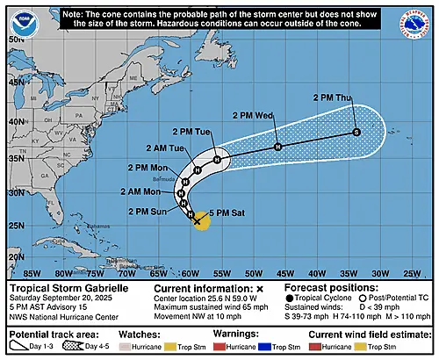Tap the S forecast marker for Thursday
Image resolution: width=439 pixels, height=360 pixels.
tap(356, 132)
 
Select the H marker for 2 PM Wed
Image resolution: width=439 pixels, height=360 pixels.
tap(277, 147)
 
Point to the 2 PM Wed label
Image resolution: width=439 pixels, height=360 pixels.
tap(254, 115)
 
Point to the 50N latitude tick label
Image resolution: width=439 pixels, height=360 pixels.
tap(15, 40)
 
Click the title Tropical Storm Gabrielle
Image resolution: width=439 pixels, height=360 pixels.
tap(67, 288)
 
